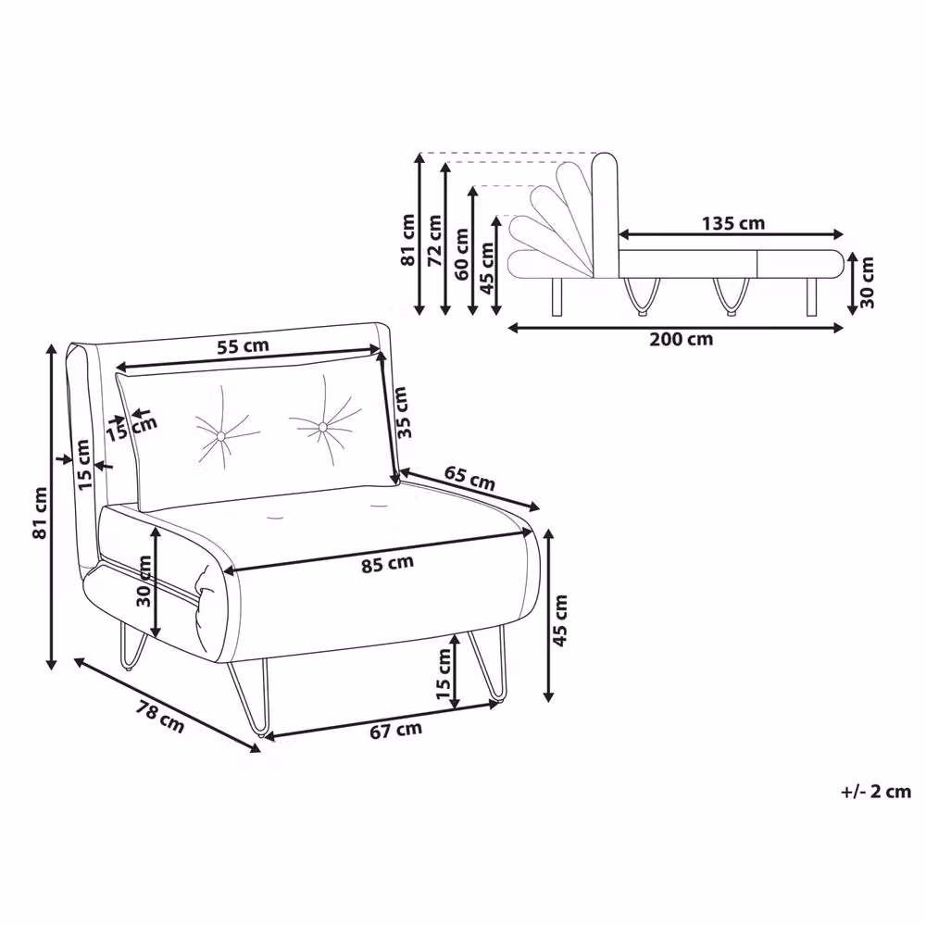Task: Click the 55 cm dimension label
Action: pyautogui.click(x=243, y=346)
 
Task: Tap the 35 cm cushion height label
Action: pyautogui.click(x=402, y=412)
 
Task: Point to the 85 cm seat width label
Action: pyautogui.click(x=387, y=564)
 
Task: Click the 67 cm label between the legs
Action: pyautogui.click(x=395, y=730)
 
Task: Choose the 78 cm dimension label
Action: pyautogui.click(x=159, y=717)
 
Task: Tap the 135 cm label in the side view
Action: pyautogui.click(x=733, y=223)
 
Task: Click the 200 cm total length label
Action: pyautogui.click(x=682, y=339)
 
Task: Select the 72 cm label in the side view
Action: pyautogui.click(x=434, y=241)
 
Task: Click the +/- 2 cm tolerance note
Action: pyautogui.click(x=876, y=792)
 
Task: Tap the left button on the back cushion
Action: pyautogui.click(x=221, y=436)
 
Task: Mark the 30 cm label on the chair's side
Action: pyautogui.click(x=144, y=582)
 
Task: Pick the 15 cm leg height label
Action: pyautogui.click(x=444, y=673)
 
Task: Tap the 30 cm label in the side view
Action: pyautogui.click(x=867, y=282)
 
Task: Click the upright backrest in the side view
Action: pyautogui.click(x=604, y=216)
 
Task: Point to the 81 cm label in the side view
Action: pyautogui.click(x=408, y=240)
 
